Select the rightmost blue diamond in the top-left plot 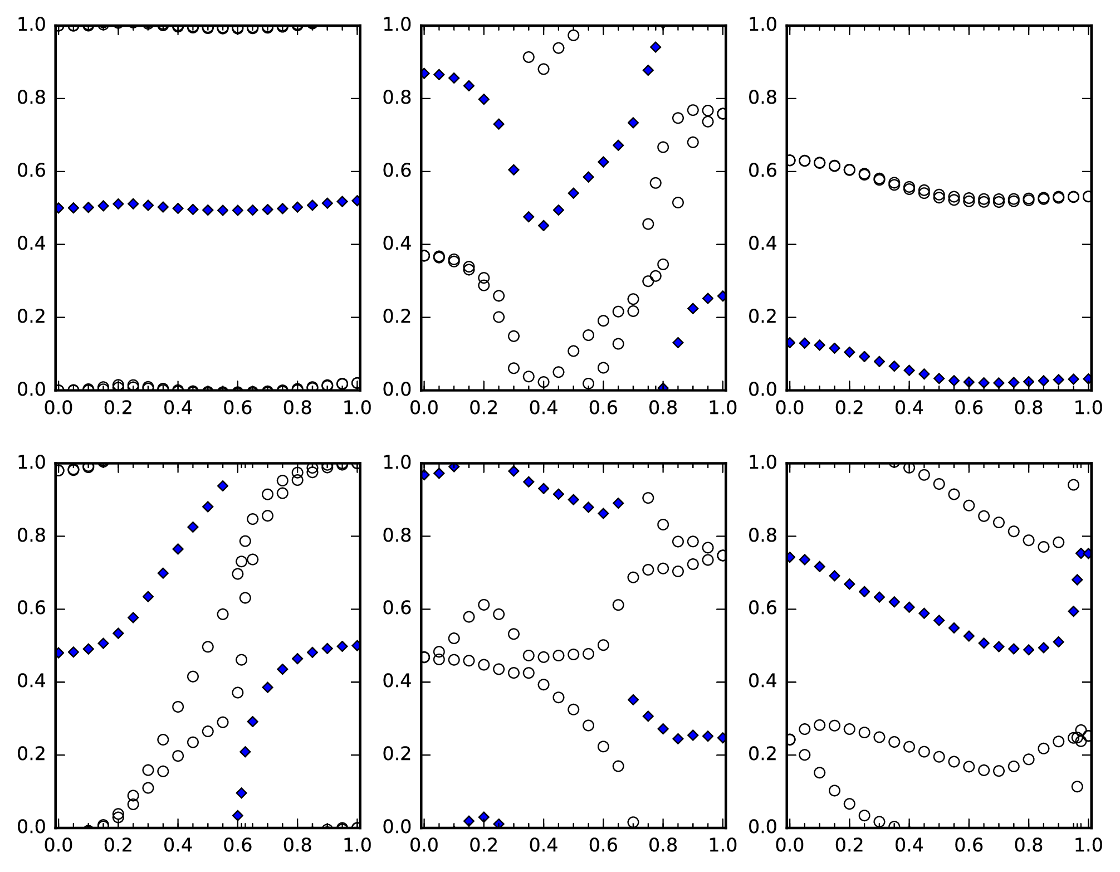[357, 201]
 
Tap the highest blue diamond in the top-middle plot [656, 47]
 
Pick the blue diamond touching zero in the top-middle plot [663, 388]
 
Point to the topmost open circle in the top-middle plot [573, 35]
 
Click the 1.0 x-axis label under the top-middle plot [722, 408]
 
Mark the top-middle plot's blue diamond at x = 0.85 [678, 343]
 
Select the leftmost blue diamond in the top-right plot [790, 343]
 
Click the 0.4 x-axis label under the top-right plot [909, 408]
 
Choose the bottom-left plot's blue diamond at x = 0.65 [252, 722]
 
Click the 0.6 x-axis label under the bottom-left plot [238, 845]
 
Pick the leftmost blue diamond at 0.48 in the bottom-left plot [58, 653]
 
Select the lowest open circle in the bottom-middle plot [633, 822]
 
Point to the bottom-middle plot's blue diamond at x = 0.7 [633, 700]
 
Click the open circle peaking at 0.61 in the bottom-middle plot [484, 605]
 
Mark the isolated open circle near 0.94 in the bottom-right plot [1073, 485]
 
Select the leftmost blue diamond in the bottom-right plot [790, 557]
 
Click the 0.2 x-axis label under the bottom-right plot [849, 845]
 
